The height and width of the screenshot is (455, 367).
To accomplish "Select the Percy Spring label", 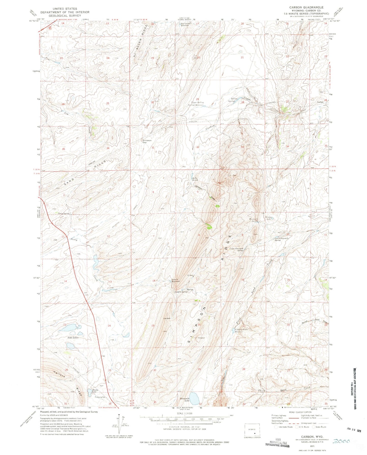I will [x=63, y=214].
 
